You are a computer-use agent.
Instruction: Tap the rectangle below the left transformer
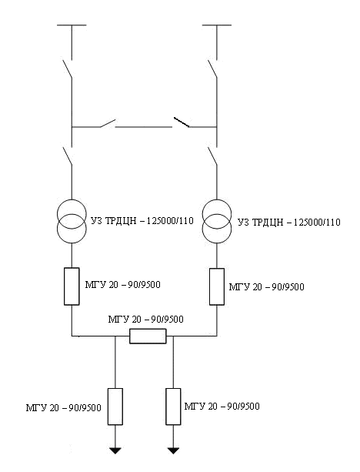coord(72,286)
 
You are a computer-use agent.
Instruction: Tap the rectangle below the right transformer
coord(217,286)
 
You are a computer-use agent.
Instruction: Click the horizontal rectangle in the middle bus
coord(148,336)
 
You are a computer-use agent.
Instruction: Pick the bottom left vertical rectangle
coord(115,407)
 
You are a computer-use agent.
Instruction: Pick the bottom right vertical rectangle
coord(173,407)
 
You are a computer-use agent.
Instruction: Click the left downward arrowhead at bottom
coord(115,450)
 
